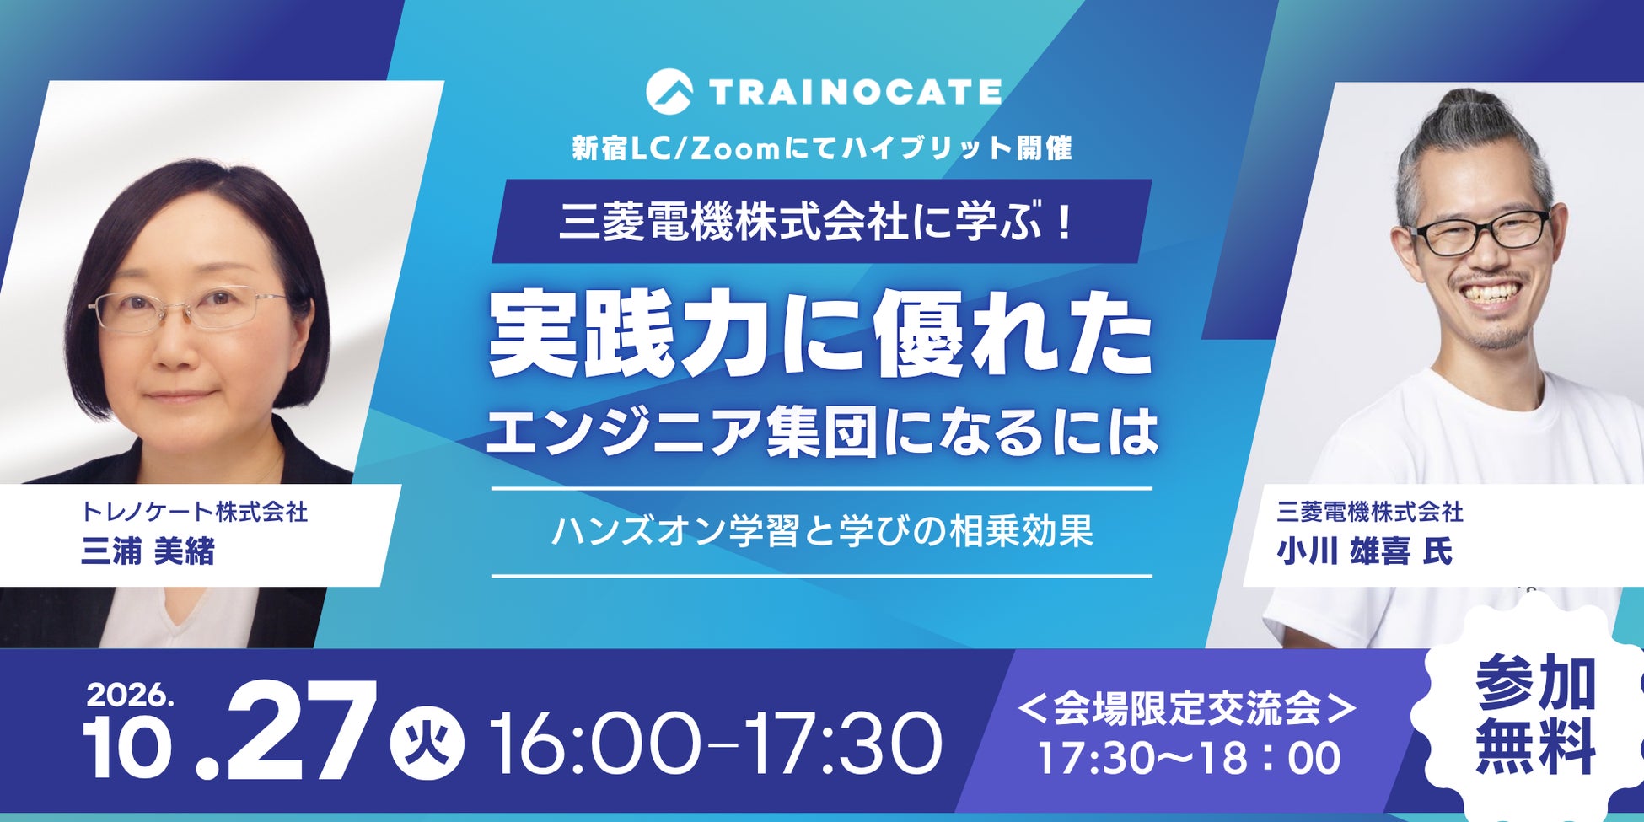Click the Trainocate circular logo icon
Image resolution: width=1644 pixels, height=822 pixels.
click(669, 91)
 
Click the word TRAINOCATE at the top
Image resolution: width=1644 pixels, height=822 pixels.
click(855, 92)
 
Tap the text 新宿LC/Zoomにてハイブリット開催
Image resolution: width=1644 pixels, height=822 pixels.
click(822, 148)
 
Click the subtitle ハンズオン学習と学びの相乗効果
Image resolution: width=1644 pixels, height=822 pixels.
click(822, 531)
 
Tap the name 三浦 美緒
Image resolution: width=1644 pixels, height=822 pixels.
click(148, 551)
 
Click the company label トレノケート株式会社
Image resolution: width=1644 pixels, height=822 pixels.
click(194, 512)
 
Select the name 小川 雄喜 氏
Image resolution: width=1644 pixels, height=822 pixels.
click(1365, 551)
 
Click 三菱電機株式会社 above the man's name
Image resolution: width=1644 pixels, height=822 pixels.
click(1370, 512)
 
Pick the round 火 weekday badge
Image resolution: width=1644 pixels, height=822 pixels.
click(427, 742)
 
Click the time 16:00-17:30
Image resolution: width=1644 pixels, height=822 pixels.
click(716, 743)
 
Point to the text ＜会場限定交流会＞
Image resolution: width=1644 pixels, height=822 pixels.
click(1188, 708)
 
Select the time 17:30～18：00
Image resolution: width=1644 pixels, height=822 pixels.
click(1189, 758)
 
